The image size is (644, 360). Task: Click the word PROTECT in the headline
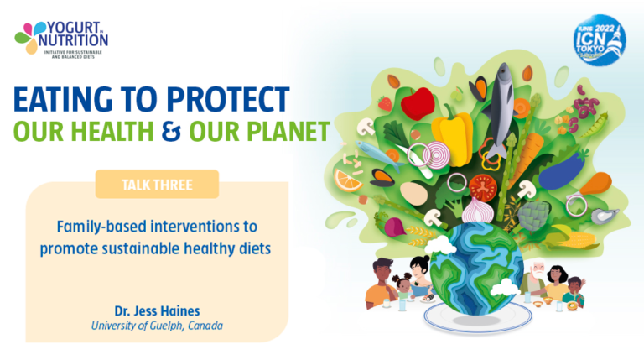(x=227, y=101)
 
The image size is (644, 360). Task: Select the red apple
(x=417, y=106)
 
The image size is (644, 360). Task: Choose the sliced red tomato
(x=484, y=187)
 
